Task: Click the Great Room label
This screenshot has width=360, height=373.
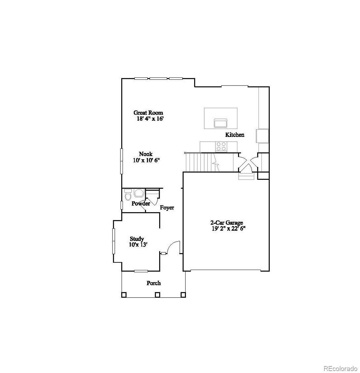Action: (x=148, y=113)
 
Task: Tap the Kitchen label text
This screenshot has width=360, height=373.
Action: (x=235, y=135)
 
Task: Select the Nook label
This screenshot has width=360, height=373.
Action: (x=146, y=154)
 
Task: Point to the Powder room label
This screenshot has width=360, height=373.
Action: (x=141, y=204)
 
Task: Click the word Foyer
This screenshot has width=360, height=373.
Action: (x=167, y=208)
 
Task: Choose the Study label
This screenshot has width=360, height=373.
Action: (x=137, y=239)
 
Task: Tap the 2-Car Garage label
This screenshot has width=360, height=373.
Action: (x=227, y=223)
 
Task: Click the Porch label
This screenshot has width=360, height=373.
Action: (x=154, y=283)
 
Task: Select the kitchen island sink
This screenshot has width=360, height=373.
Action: (x=220, y=123)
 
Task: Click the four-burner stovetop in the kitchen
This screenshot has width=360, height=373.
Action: (x=221, y=146)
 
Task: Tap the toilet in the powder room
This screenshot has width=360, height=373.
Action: (x=128, y=195)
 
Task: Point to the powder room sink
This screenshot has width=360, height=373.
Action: (x=139, y=193)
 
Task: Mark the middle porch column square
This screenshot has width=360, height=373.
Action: (x=157, y=295)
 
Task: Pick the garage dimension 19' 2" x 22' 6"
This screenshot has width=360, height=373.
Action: (x=229, y=229)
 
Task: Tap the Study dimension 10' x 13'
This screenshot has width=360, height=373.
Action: (x=138, y=245)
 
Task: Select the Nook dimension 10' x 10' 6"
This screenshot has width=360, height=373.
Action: (x=146, y=160)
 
